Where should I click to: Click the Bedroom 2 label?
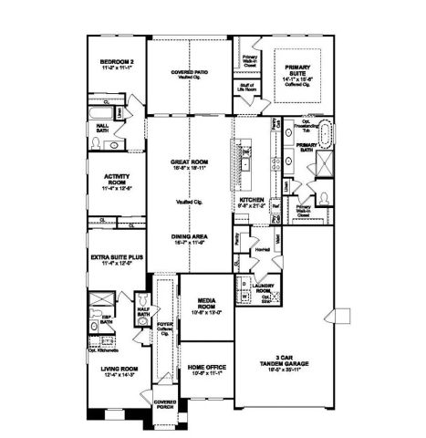click(x=118, y=65)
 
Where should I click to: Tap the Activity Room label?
click(x=115, y=182)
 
